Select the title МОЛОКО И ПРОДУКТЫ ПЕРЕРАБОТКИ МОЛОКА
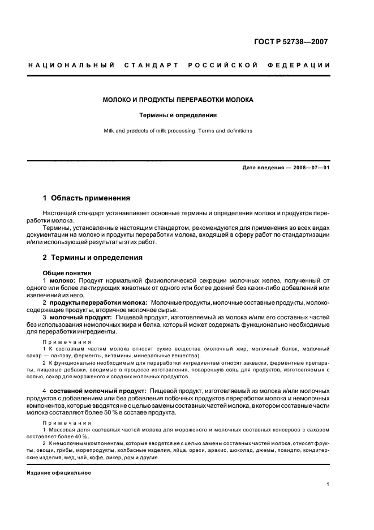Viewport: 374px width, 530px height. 178,100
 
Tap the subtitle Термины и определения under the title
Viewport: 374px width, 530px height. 178,115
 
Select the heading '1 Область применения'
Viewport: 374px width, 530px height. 87,198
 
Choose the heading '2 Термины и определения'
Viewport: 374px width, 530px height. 93,258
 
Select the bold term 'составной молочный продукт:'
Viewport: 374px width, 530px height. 98,391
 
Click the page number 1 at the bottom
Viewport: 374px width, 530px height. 328,485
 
